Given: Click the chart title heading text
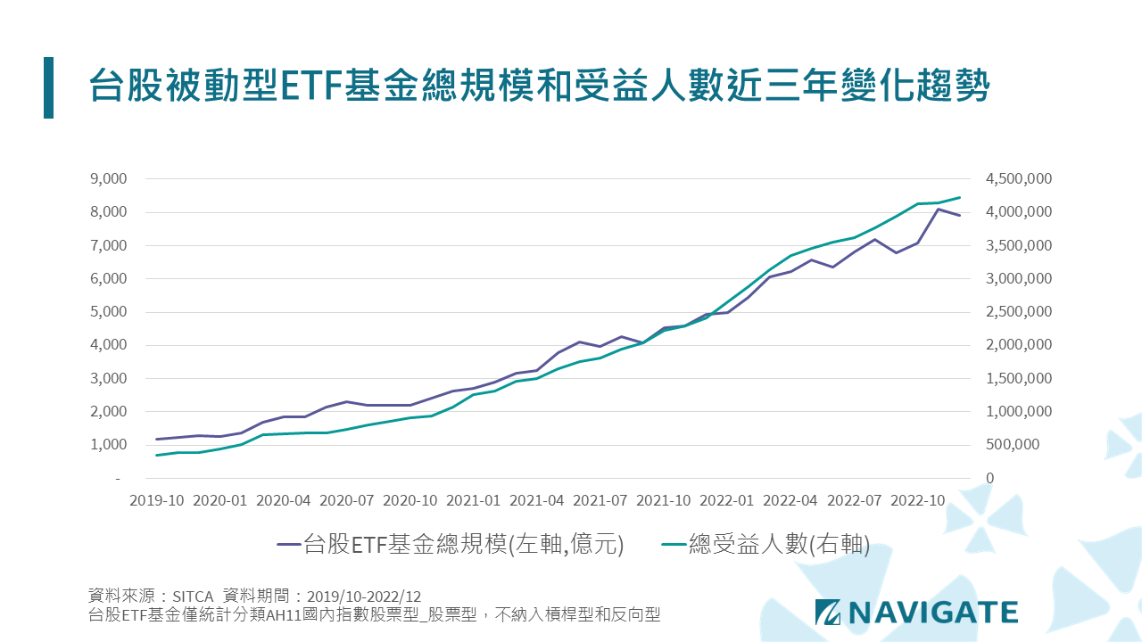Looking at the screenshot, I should [x=539, y=87].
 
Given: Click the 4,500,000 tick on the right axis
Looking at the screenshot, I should [x=1019, y=178].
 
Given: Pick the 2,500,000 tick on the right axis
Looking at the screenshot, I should [x=1019, y=312].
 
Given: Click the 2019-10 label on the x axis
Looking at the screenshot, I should [x=157, y=500].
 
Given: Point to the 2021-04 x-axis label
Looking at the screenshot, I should [x=538, y=500].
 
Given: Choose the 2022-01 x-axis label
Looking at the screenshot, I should [x=728, y=500].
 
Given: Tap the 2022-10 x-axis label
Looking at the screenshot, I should [x=918, y=500].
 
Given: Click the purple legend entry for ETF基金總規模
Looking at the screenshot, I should [x=450, y=544].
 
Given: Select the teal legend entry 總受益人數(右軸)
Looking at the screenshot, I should [x=765, y=544].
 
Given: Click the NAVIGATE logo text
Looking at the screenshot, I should [x=932, y=612].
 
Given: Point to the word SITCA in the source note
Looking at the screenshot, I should [x=194, y=596].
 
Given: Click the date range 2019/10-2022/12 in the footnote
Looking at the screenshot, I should [x=363, y=596].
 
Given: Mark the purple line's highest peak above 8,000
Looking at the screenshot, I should [x=939, y=210].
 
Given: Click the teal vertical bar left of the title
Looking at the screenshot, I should [x=48, y=87].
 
